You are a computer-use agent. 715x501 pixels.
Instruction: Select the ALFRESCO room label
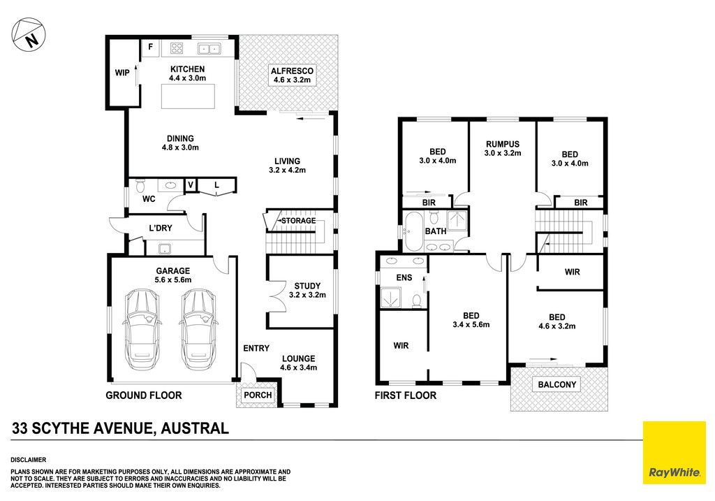point(292,71)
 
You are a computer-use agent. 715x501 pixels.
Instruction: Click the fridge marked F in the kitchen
point(151,48)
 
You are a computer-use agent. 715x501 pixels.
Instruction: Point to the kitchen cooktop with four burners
point(177,48)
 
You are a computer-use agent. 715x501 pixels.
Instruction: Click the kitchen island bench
point(188,96)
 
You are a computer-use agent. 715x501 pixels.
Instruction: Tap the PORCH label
point(258,395)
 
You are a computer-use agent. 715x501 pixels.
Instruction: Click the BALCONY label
point(556,384)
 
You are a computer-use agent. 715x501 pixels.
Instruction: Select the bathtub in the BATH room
point(414,231)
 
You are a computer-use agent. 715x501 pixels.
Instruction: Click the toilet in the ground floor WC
point(140,185)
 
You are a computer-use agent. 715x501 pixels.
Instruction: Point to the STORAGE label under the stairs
point(298,221)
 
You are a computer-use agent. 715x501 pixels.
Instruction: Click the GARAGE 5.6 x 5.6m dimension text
point(173,279)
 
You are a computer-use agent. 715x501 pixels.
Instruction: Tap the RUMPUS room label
point(503,144)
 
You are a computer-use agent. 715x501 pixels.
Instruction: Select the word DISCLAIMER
point(28,460)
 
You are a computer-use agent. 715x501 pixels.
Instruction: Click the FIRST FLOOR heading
point(406,395)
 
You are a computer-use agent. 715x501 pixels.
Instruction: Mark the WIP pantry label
point(122,73)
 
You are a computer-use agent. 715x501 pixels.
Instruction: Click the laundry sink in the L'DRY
point(165,249)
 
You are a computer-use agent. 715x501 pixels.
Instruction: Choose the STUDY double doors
point(275,296)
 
